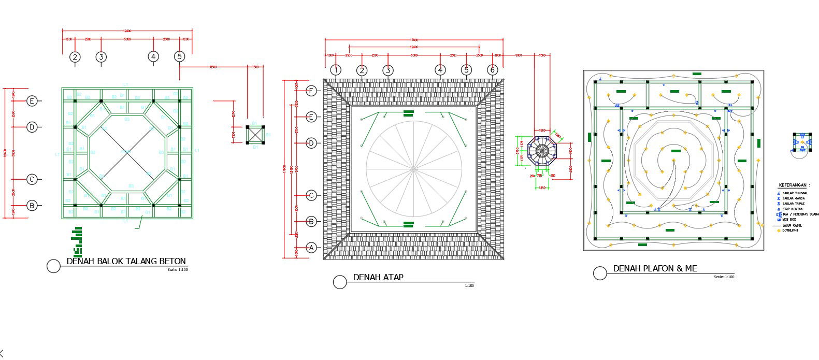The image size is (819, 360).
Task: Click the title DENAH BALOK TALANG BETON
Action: tap(126, 262)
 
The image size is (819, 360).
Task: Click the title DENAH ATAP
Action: tap(378, 277)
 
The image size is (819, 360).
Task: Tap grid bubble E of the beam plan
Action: tap(32, 101)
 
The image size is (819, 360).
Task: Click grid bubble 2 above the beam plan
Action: tap(75, 57)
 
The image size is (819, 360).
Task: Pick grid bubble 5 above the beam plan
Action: tap(179, 56)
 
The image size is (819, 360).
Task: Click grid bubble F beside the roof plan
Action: tap(311, 91)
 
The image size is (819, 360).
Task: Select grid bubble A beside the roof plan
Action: tap(311, 248)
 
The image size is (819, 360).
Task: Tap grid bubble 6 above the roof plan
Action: tap(492, 70)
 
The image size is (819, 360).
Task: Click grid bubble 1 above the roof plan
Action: tap(336, 70)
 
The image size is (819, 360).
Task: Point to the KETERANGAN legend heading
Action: tap(794, 185)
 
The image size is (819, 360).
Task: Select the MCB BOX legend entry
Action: tap(789, 220)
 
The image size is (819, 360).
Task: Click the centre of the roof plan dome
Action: tap(413, 168)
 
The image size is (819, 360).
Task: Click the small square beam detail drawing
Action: tap(255, 135)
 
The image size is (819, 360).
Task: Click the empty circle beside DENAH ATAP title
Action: tap(339, 282)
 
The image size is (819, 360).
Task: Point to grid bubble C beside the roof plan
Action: tap(311, 195)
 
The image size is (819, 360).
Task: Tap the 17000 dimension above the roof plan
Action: tap(414, 40)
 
